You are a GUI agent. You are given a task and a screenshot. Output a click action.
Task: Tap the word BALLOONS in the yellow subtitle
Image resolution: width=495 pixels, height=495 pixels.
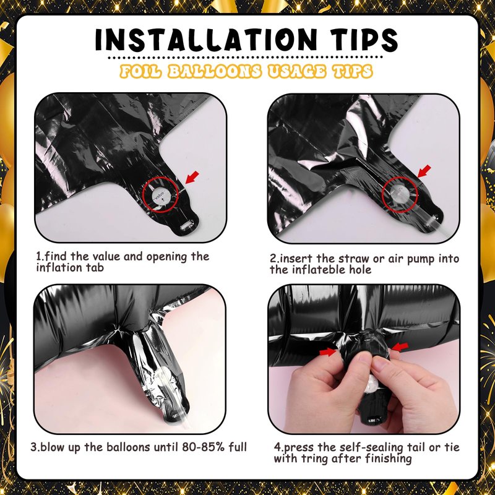[x=215, y=71]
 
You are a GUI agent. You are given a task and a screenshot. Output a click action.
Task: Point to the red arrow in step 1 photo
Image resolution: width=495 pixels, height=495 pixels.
[x=192, y=177]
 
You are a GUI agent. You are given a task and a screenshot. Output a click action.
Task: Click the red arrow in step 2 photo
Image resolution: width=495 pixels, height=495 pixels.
[x=424, y=171]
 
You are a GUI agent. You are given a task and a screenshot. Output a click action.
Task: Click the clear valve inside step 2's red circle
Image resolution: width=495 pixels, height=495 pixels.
[x=399, y=192]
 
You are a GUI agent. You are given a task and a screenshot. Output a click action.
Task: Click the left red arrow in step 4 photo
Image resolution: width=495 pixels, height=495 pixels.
[x=328, y=351]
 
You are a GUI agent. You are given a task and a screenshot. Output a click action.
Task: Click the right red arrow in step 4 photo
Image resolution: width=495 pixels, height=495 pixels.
[x=400, y=346]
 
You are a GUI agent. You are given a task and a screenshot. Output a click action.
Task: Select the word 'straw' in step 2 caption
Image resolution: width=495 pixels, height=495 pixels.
[x=353, y=258]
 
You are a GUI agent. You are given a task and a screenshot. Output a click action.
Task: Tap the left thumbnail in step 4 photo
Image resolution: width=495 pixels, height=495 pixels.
[x=365, y=357]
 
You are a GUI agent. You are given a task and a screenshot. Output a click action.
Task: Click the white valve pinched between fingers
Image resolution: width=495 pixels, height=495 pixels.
[x=374, y=384]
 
